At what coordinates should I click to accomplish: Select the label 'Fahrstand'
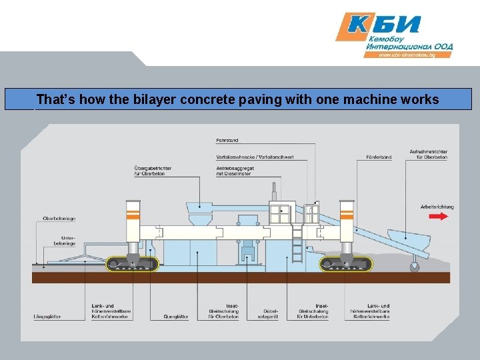click(227, 140)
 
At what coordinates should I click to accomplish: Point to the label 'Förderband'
click(378, 157)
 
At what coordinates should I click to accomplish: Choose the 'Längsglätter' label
click(47, 317)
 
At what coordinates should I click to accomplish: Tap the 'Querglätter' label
click(176, 317)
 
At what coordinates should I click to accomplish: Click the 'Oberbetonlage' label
click(59, 218)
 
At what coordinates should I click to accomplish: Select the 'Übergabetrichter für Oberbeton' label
click(153, 170)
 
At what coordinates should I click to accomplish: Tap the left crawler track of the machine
click(132, 264)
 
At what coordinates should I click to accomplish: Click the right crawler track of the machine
click(345, 264)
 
